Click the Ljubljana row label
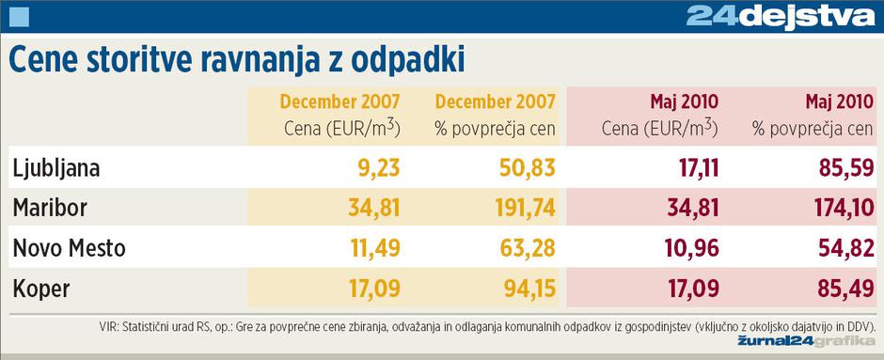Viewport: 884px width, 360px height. point(56,168)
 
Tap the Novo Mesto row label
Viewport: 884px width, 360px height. point(69,249)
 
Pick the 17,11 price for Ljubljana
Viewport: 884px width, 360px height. point(693,168)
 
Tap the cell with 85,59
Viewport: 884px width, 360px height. point(840,168)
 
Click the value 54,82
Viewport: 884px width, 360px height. point(840,249)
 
